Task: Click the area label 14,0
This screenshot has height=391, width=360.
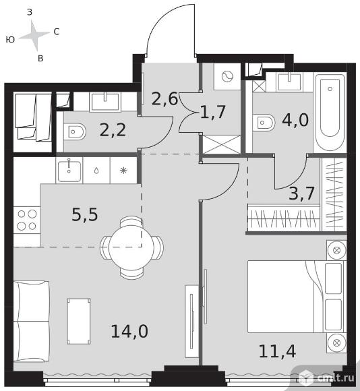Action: pos(129,331)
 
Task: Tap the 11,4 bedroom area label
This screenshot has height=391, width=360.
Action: pos(277,351)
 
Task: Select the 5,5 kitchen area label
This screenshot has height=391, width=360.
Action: pos(85,214)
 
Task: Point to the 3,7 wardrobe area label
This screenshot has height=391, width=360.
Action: pos(301,193)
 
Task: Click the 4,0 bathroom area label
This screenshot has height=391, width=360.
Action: pos(295,120)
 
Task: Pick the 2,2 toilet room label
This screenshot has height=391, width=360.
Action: pos(113,130)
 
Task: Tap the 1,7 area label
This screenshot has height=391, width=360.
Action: pos(213,112)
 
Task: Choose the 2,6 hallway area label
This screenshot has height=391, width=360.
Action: pos(164,98)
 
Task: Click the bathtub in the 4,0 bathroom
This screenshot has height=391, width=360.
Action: pos(330,111)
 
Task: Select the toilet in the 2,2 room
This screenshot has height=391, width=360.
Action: pos(75,131)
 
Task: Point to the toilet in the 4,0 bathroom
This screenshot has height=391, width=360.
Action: pos(264,123)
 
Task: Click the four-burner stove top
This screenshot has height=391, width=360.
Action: pos(27,220)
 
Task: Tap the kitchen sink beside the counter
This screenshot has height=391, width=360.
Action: pos(69,171)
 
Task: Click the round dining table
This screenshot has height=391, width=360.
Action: pos(131,247)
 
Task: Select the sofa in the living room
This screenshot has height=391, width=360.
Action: pos(32,321)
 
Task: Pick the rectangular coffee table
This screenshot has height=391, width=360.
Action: pos(79,321)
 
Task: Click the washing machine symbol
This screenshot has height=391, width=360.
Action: pos(227,76)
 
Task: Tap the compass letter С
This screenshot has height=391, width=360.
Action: pos(57,32)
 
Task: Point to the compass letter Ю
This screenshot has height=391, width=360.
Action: pos(11,40)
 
